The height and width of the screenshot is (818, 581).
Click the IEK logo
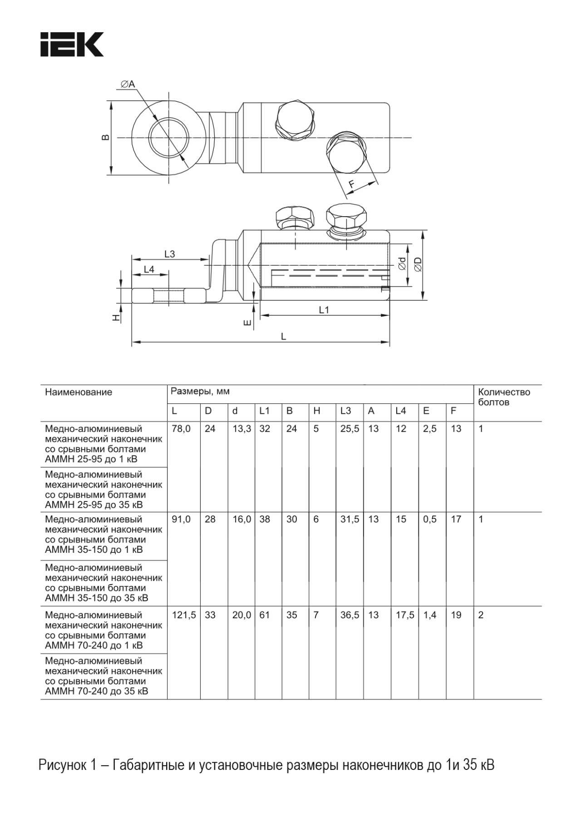(x=72, y=45)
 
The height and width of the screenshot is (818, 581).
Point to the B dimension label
(x=105, y=137)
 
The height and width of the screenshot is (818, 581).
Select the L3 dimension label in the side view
(x=169, y=254)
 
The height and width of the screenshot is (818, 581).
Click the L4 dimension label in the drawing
(x=149, y=269)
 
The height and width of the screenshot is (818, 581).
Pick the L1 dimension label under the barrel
(x=324, y=310)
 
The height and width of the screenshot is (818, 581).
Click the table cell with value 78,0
(x=181, y=429)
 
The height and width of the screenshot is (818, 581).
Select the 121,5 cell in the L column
(x=184, y=615)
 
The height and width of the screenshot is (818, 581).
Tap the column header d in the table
(x=235, y=411)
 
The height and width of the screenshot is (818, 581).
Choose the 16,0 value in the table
(x=241, y=520)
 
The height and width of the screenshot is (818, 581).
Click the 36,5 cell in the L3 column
(x=350, y=615)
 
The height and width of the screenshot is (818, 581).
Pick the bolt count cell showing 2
(x=481, y=615)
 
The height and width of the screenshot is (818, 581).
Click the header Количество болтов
(x=504, y=397)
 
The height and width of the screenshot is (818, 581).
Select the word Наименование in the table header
(x=79, y=392)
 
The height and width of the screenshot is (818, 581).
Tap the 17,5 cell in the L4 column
(x=405, y=615)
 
